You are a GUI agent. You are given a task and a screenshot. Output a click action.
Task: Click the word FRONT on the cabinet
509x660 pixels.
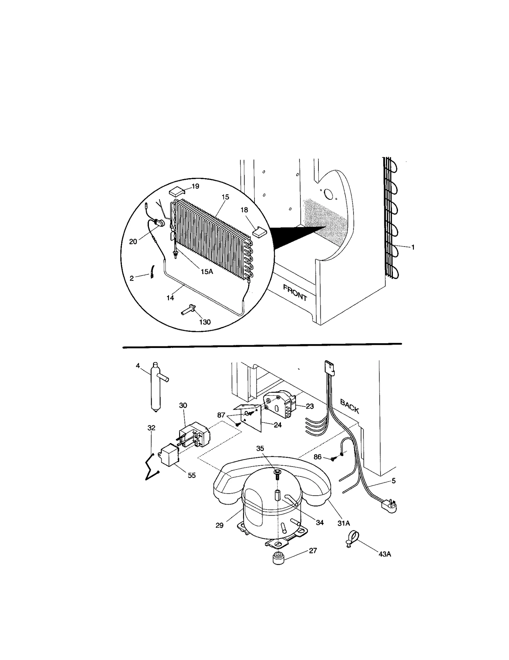[x=295, y=293]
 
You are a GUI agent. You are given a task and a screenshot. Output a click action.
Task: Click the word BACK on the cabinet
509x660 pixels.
[x=349, y=406]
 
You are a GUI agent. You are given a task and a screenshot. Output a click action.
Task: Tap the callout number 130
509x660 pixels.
[x=205, y=322]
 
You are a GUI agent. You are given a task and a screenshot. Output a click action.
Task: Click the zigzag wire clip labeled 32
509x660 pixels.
[x=152, y=468]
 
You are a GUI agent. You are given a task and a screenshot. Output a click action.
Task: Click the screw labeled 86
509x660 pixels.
[x=332, y=459]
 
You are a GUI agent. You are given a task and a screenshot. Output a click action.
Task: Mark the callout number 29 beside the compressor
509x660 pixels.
[x=219, y=525]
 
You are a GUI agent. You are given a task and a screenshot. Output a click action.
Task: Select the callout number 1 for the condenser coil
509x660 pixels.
[x=413, y=247]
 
